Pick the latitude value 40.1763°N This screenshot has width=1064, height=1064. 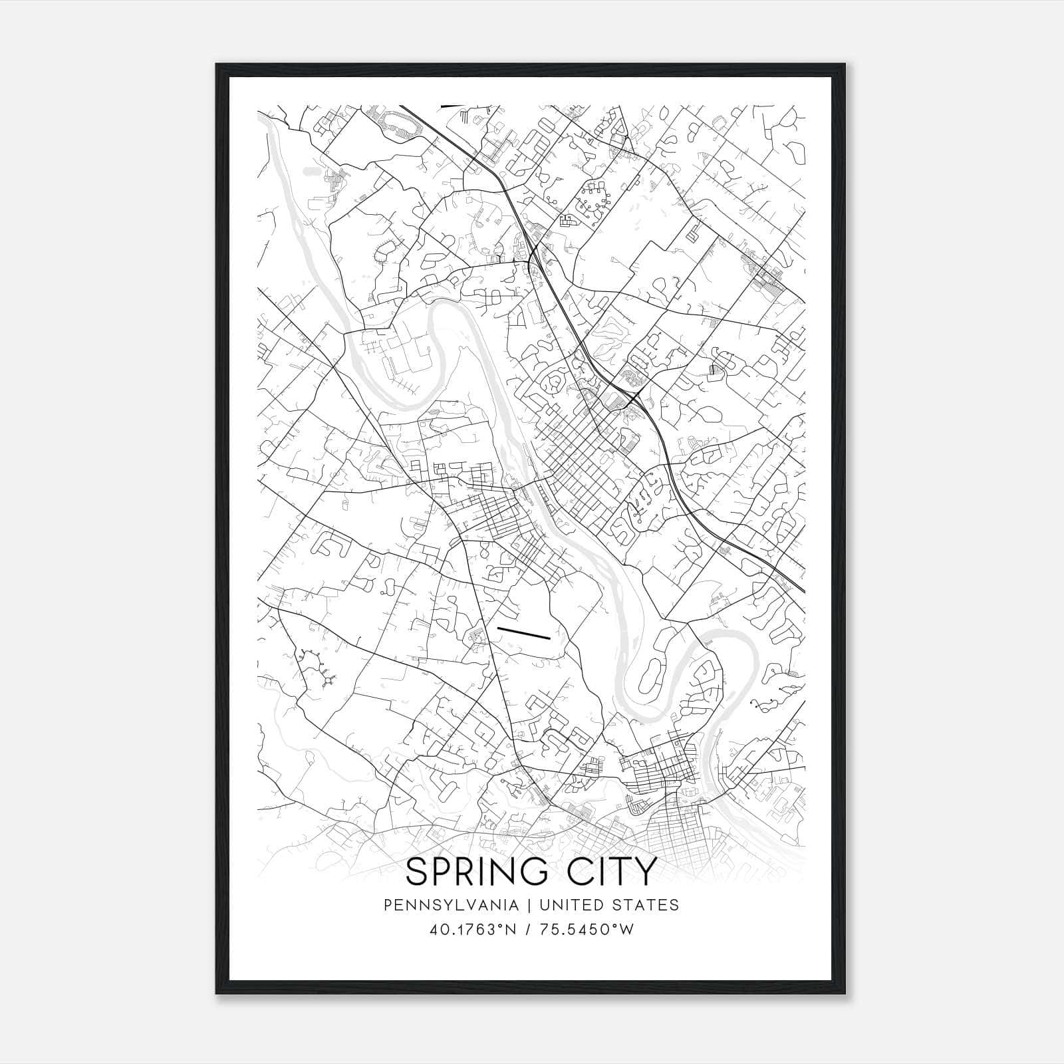[473, 929]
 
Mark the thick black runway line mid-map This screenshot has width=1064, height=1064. [524, 632]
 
